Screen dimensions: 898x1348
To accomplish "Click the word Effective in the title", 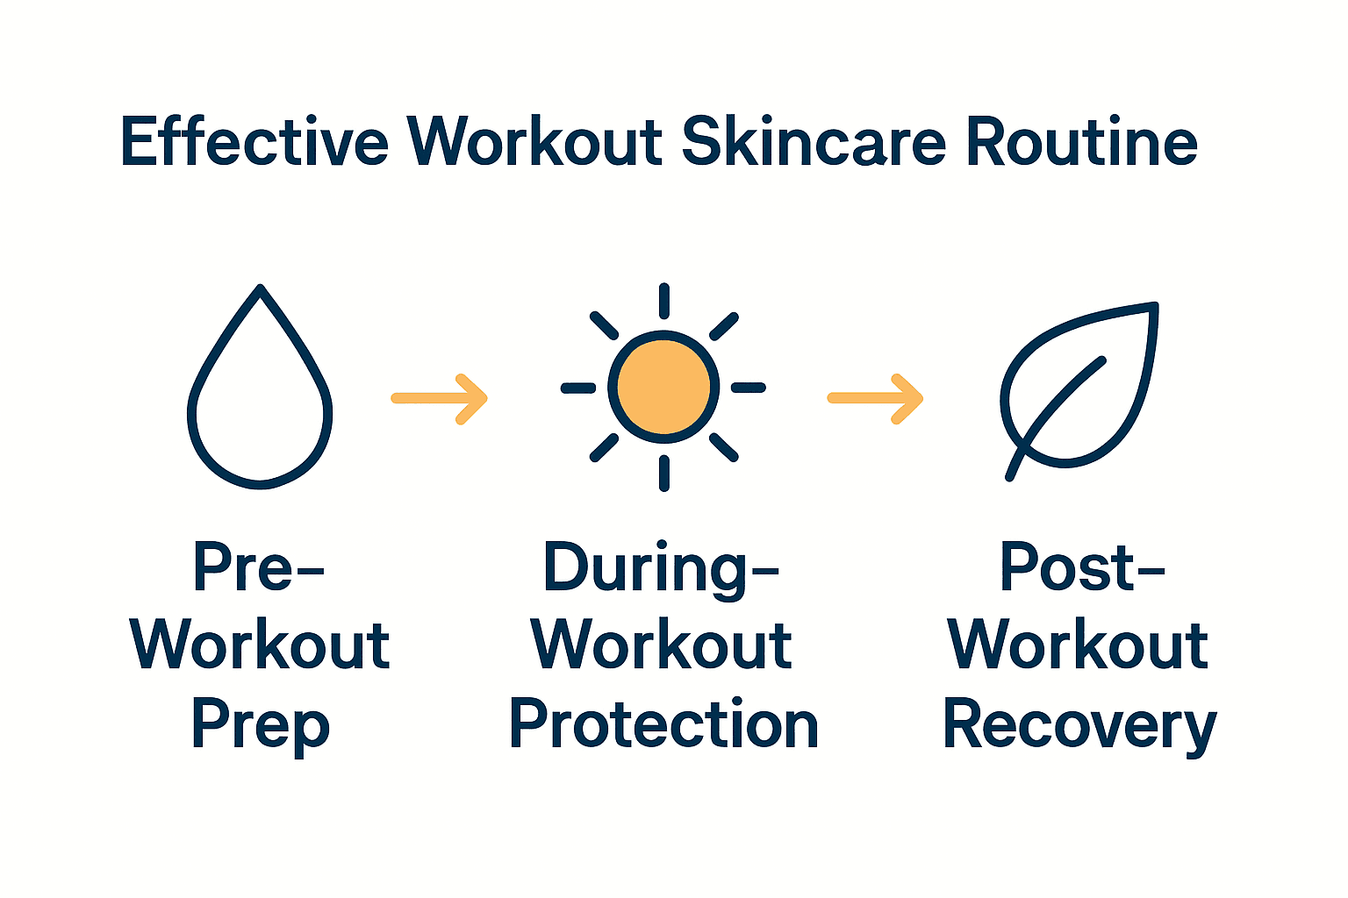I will (x=255, y=142).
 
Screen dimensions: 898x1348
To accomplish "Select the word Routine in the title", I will (x=1081, y=142).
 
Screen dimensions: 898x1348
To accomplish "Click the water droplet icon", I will (x=260, y=395).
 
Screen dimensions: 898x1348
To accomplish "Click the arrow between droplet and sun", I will (x=439, y=399).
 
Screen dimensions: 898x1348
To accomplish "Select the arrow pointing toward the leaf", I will (x=875, y=399).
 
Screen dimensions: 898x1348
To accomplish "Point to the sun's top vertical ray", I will (x=664, y=301).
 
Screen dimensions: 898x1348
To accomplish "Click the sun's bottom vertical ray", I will (x=664, y=474).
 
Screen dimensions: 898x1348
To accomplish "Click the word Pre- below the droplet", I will (x=258, y=567).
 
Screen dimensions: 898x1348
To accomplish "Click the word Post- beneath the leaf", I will (x=1081, y=567).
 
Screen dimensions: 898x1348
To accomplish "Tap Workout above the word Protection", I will (x=662, y=646).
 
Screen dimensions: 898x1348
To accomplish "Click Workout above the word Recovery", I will (x=1078, y=646).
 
